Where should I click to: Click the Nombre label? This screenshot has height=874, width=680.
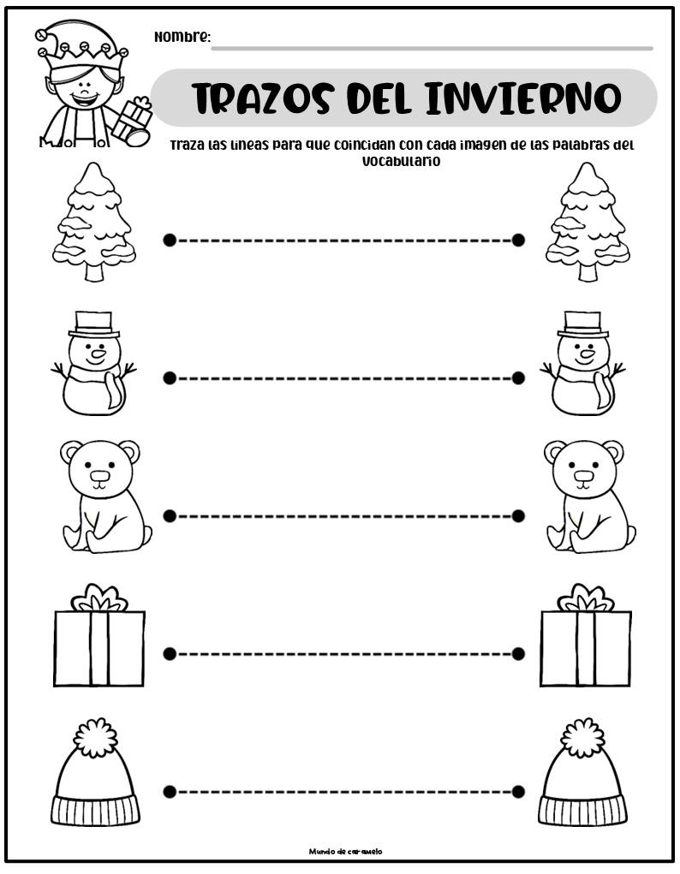click(182, 38)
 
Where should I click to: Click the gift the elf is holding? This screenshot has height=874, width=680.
click(132, 121)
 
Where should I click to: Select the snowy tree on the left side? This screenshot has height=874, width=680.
click(94, 222)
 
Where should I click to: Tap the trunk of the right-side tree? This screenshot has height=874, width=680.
click(588, 271)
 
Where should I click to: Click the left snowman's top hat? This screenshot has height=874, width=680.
click(93, 324)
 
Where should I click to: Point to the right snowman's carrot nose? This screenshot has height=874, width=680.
click(588, 353)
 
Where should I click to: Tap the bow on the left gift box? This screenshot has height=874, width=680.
click(99, 598)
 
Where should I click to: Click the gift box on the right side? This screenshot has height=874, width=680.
click(586, 635)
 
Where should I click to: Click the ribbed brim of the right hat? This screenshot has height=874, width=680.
click(582, 810)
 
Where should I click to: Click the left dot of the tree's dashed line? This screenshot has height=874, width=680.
click(170, 241)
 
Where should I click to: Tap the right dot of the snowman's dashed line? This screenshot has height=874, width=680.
click(518, 378)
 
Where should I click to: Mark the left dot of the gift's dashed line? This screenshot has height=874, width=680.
click(170, 653)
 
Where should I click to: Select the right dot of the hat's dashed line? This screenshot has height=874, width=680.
click(518, 792)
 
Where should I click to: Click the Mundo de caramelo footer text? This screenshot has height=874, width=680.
click(346, 851)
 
